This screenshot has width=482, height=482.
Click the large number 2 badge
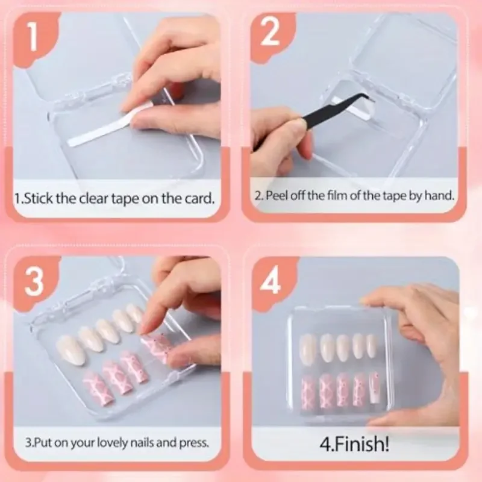tap(271, 34)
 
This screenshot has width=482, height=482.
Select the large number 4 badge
tap(271, 280)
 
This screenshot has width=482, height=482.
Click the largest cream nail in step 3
tap(70, 350)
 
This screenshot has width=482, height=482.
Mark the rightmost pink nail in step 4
tap(374, 387)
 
